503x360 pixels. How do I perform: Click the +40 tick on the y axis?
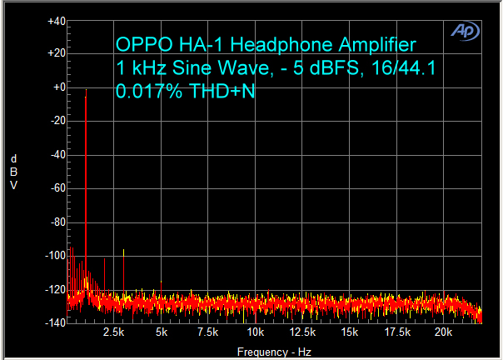click(x=57, y=20)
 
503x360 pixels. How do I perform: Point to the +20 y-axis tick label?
click(x=57, y=53)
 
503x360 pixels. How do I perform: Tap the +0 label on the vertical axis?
click(x=58, y=87)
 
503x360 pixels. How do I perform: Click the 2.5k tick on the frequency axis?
click(x=114, y=332)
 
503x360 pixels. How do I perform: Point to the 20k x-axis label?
click(x=444, y=332)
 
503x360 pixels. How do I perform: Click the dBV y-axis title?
click(x=13, y=172)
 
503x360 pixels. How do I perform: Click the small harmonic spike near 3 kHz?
click(x=124, y=251)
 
